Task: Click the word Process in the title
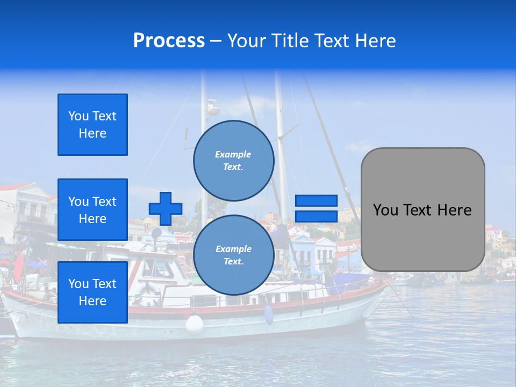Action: [x=169, y=41]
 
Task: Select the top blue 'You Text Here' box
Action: [x=92, y=125]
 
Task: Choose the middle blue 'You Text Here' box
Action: [x=92, y=210]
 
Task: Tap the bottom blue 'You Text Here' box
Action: [x=92, y=292]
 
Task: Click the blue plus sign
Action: [x=166, y=209]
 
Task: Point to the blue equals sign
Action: [x=316, y=209]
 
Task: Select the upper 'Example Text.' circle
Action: [x=234, y=161]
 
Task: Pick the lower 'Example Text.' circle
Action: [x=234, y=255]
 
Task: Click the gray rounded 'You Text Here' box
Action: [x=423, y=210]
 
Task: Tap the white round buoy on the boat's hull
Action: [x=194, y=324]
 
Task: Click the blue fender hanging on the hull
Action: [x=268, y=314]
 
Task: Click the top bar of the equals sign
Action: [x=316, y=201]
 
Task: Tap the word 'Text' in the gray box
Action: [x=420, y=210]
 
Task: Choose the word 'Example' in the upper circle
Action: [x=233, y=154]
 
